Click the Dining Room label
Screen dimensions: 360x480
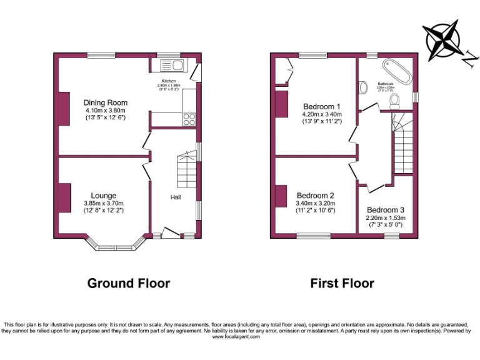tap(106, 103)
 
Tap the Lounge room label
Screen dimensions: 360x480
tap(104, 196)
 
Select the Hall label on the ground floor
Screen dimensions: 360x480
tap(176, 197)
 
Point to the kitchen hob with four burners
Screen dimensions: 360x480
tap(189, 119)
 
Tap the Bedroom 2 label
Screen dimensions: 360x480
tap(315, 194)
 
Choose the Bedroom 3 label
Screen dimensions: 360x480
tap(386, 210)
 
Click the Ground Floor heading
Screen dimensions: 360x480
tap(128, 283)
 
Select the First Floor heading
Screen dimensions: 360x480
tap(342, 283)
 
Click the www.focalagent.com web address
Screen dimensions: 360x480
tap(240, 337)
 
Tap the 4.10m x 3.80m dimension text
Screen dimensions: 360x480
tap(106, 111)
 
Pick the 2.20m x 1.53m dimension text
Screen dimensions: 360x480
tap(386, 218)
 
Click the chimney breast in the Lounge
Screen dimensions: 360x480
tap(64, 197)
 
